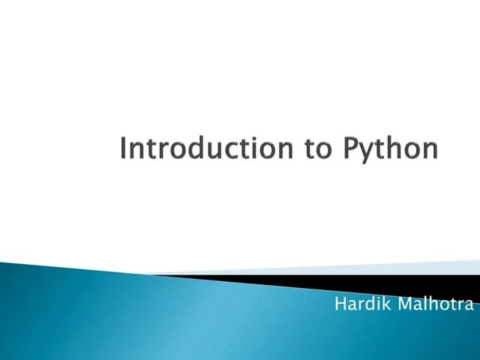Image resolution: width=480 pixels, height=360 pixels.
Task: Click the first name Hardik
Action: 357,304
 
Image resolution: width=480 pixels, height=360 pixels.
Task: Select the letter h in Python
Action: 396,148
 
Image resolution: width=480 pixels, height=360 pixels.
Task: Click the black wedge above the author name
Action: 420,283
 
